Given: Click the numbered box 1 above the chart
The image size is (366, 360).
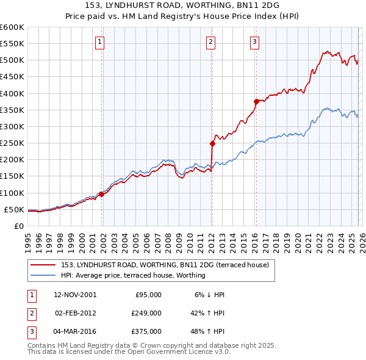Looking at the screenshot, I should click(99, 42).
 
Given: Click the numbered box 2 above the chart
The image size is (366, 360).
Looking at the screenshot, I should click(210, 42).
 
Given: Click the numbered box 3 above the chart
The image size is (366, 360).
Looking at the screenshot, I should click(254, 42).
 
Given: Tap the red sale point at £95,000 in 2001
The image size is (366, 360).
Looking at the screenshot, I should click(102, 194).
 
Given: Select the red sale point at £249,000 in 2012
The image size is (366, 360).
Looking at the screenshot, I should click(212, 143).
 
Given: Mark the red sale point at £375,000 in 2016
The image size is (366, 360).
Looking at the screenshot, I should click(256, 102).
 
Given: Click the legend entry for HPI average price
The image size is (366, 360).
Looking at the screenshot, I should click(133, 275).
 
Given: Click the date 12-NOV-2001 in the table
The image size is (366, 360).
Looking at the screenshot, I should click(75, 294).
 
